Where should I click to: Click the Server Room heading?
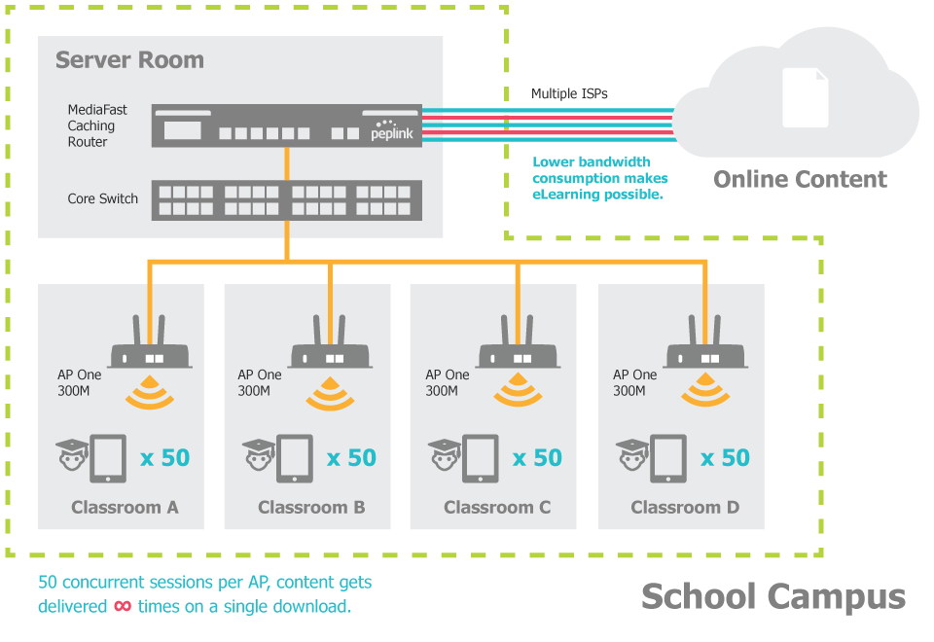point(129,60)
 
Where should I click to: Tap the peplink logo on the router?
point(391,134)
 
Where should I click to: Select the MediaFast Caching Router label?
point(90,125)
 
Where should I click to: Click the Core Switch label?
point(102,198)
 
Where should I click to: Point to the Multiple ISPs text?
point(569,94)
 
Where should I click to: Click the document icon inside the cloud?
point(805,96)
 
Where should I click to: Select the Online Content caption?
point(800,179)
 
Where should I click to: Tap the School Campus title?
point(772,596)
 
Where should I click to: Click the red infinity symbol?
point(124,606)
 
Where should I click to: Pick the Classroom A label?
point(125,507)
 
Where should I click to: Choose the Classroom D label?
point(685,507)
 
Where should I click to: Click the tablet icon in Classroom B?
point(295,458)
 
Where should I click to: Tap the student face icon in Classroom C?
point(445,456)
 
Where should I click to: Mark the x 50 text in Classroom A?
point(164,457)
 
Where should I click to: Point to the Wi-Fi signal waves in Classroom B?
point(330,393)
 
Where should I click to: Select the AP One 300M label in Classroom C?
point(447,382)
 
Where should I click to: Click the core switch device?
point(286,199)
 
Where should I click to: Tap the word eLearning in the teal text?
point(561,195)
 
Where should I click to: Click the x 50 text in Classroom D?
point(725,457)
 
